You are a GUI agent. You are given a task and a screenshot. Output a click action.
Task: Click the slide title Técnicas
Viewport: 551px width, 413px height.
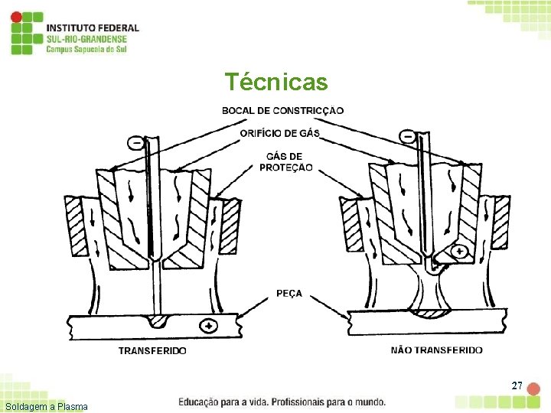(x=275, y=82)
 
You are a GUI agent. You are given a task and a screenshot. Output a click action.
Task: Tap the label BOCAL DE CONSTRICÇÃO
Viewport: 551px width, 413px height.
(x=282, y=111)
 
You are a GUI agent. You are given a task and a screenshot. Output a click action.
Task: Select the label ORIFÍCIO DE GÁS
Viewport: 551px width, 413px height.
(x=280, y=134)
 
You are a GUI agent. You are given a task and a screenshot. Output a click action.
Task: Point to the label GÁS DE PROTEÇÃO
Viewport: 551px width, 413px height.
(x=286, y=162)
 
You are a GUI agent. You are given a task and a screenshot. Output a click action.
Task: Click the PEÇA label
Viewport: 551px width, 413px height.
(x=289, y=293)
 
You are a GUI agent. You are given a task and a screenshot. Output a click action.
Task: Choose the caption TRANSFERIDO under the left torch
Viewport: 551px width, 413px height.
(x=152, y=351)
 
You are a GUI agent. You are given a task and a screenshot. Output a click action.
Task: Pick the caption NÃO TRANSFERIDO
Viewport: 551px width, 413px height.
(x=436, y=350)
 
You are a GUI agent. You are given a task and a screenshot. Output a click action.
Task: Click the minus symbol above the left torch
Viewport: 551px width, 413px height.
(x=136, y=142)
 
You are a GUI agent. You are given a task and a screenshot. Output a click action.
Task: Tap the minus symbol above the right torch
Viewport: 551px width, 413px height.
(x=408, y=137)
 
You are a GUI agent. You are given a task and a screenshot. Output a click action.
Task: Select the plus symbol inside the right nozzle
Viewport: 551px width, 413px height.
(x=460, y=251)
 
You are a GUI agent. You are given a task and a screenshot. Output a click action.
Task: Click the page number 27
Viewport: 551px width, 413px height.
(x=517, y=385)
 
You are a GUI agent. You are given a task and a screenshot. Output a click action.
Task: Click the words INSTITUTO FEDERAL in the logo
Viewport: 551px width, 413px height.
(x=93, y=28)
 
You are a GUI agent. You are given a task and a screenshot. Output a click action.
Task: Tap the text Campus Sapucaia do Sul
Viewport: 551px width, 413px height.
(x=86, y=49)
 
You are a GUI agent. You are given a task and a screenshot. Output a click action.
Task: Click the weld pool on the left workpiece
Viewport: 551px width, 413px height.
(x=159, y=319)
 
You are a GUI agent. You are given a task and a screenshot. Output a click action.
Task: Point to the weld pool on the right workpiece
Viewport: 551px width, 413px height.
(x=433, y=312)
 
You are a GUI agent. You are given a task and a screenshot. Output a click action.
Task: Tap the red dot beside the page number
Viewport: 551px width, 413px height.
(x=533, y=389)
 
